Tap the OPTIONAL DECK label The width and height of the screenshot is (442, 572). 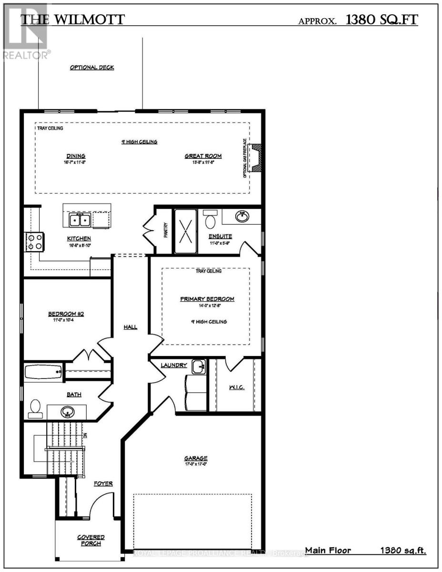click(x=92, y=68)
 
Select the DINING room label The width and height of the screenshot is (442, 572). click(x=76, y=156)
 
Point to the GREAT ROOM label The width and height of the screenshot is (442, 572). click(x=203, y=156)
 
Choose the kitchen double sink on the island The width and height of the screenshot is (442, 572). click(x=80, y=220)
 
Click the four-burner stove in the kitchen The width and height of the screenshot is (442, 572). click(x=34, y=242)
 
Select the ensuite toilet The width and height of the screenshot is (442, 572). click(x=211, y=220)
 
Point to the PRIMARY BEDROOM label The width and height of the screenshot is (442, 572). click(x=207, y=299)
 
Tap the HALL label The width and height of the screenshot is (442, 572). click(x=131, y=327)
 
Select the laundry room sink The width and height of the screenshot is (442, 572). click(x=199, y=367)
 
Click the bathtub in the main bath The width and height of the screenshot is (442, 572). click(x=43, y=371)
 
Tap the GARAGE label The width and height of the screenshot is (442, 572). click(x=196, y=459)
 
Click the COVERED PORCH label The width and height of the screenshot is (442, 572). click(x=91, y=540)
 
